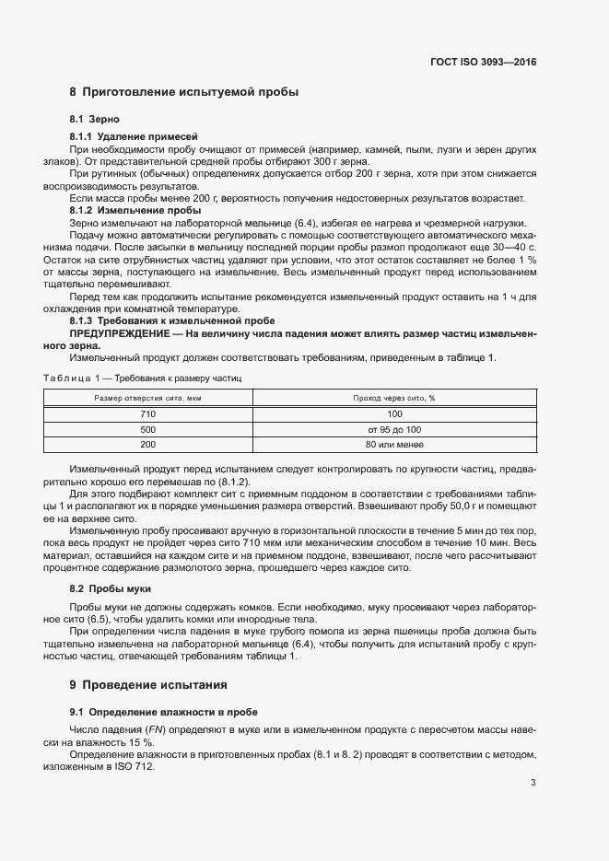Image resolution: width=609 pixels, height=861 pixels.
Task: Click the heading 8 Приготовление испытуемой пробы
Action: (x=183, y=92)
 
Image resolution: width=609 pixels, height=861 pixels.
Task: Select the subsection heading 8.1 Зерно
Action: (x=95, y=120)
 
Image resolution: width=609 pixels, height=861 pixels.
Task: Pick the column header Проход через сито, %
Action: (x=393, y=398)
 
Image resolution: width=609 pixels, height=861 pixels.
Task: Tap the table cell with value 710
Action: (x=147, y=414)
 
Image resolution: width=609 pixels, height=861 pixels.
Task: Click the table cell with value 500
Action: (x=147, y=429)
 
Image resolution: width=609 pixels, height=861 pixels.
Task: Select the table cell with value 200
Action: (x=147, y=445)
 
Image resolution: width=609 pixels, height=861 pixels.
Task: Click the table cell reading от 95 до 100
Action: (x=393, y=429)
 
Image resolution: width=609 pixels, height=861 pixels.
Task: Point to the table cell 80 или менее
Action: (x=393, y=445)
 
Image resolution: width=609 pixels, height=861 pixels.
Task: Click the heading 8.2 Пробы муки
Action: (x=111, y=588)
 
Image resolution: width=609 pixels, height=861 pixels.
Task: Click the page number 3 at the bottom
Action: (x=533, y=783)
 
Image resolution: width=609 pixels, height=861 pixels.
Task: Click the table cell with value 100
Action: (x=393, y=414)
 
